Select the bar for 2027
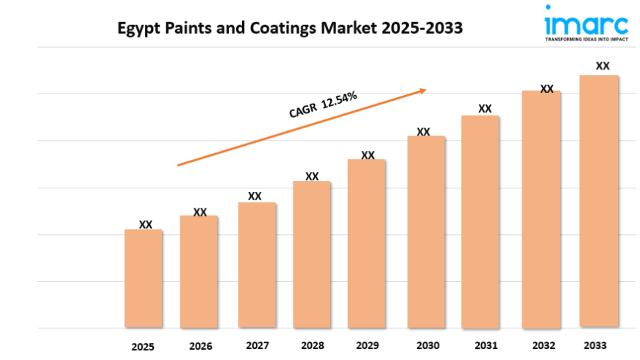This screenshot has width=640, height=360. [x=257, y=265]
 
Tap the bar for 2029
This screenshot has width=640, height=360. [x=366, y=243]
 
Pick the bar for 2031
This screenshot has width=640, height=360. [x=480, y=221]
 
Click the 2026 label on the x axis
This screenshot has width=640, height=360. [x=200, y=346]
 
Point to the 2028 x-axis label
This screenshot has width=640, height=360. [x=313, y=345]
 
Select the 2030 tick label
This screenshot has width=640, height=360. [x=427, y=345]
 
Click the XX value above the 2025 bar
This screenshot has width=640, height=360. [x=146, y=225]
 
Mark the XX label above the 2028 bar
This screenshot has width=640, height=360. [x=312, y=177]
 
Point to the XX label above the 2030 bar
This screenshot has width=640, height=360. [x=423, y=132]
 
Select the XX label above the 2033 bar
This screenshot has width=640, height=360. [x=602, y=66]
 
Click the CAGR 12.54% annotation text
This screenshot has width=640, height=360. [x=323, y=105]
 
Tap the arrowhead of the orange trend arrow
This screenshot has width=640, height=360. [x=423, y=91]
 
